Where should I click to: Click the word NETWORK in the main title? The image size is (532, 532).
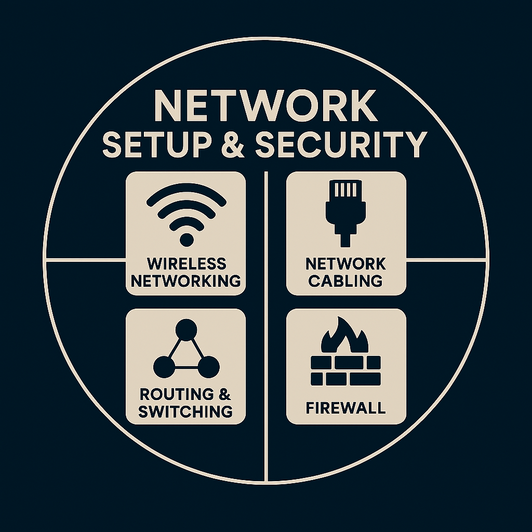pyautogui.click(x=266, y=105)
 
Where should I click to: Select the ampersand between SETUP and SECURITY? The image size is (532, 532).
pyautogui.click(x=233, y=145)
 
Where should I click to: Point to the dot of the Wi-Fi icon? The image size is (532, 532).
pyautogui.click(x=187, y=240)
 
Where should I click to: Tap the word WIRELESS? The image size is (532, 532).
pyautogui.click(x=187, y=263)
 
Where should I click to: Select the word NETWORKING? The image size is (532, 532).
pyautogui.click(x=186, y=281)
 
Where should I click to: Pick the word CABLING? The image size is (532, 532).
pyautogui.click(x=345, y=281)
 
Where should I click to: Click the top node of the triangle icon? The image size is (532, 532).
pyautogui.click(x=187, y=329)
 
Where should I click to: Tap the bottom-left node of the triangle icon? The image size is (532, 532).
pyautogui.click(x=164, y=367)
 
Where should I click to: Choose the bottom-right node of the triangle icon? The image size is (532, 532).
pyautogui.click(x=209, y=367)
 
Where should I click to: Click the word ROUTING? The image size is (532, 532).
pyautogui.click(x=177, y=394)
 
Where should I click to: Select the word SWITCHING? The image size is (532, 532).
pyautogui.click(x=185, y=411)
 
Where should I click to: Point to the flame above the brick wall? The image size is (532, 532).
pyautogui.click(x=345, y=336)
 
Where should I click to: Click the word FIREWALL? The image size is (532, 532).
pyautogui.click(x=345, y=408)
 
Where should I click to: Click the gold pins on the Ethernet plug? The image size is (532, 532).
pyautogui.click(x=345, y=190)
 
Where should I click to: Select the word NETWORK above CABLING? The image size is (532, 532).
pyautogui.click(x=345, y=263)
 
